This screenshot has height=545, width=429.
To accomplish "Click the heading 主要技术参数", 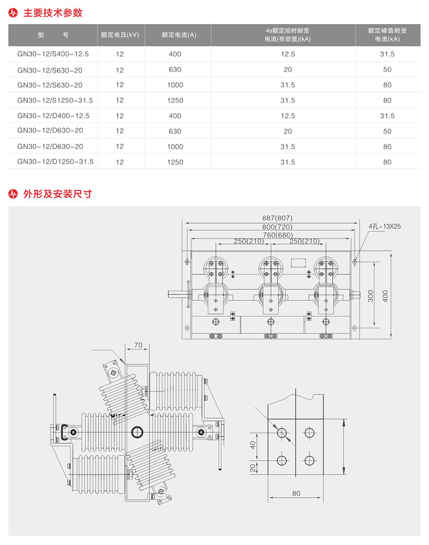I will tap(53, 13).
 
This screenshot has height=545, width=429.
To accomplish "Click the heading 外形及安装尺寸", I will tap(58, 193).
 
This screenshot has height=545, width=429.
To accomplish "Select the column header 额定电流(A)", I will tap(179, 34).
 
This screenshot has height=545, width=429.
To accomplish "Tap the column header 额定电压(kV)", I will tap(120, 34).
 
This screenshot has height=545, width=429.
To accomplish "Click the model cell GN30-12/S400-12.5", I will tap(53, 54).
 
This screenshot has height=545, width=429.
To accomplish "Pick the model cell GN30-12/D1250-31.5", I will tap(55, 162).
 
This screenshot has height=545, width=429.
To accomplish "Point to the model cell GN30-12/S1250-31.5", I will tap(55, 101).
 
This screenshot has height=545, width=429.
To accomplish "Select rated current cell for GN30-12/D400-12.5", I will tap(174, 116).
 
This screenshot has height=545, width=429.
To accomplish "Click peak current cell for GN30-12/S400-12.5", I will tap(387, 54).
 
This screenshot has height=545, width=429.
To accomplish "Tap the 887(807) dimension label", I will tap(277, 218).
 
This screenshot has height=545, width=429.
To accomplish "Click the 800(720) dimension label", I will tap(277, 226).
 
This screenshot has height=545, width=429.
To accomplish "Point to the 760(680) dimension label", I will tap(278, 235).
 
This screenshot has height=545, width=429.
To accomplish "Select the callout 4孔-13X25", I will tap(384, 226).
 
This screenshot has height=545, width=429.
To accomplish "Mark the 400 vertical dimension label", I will tap(386, 296).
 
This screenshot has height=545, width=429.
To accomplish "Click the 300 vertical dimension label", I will tap(371, 296).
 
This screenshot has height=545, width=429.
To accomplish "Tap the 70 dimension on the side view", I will tap(138, 345).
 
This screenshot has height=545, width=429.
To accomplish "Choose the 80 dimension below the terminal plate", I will tap(296, 494).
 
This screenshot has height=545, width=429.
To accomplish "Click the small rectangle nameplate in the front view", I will tap(297, 262).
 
